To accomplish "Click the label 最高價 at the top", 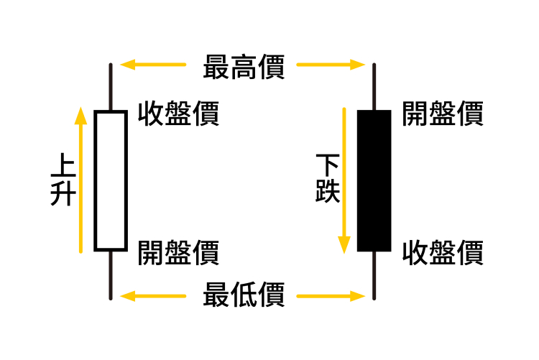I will [244, 67].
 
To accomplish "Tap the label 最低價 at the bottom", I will [244, 295].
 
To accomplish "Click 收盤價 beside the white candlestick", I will [178, 114].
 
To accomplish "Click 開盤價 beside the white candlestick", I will [178, 252].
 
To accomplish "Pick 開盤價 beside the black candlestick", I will [441, 113].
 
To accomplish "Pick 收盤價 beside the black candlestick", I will [441, 252].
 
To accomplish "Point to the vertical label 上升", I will [63, 181].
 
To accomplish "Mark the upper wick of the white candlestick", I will [111, 87].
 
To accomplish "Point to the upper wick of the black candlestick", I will [374, 87].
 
